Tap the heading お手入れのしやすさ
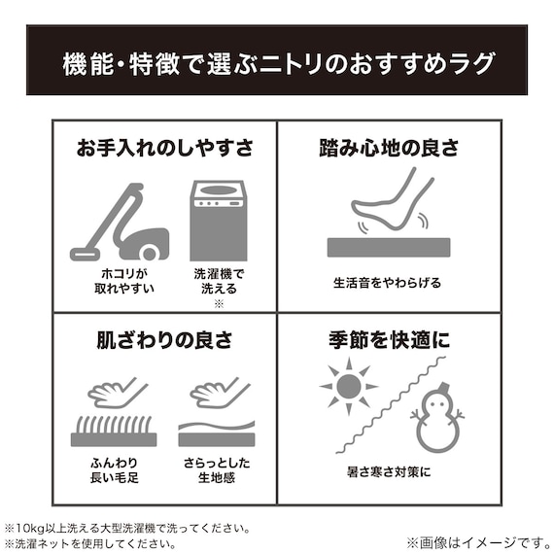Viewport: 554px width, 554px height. (165, 148)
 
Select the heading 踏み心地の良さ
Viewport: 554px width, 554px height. (389, 148)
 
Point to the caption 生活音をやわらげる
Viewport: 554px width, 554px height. (387, 282)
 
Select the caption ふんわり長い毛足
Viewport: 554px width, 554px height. (113, 471)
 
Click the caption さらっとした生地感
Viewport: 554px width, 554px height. (216, 471)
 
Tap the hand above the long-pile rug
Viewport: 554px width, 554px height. (118, 393)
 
